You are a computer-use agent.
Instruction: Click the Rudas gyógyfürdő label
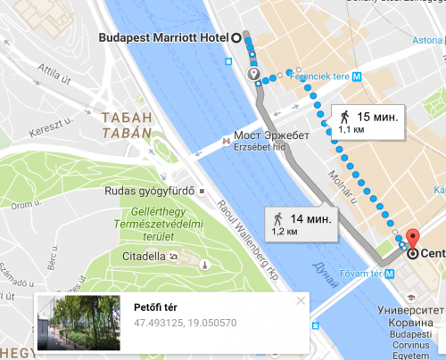coord(156,190)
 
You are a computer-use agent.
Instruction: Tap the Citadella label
coord(143,257)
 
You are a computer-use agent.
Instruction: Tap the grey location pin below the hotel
coord(253,74)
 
